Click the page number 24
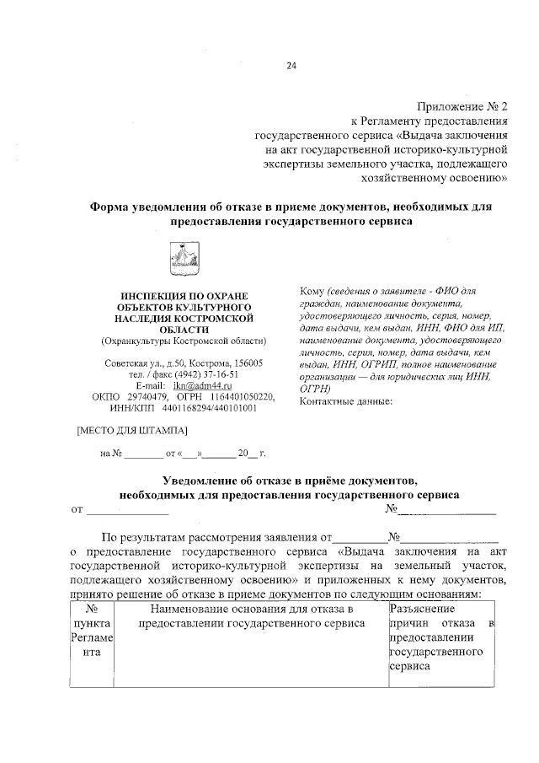[291, 66]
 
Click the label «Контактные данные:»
[346, 401]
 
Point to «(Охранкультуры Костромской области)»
[183, 341]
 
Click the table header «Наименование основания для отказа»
[249, 608]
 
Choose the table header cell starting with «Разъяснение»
[422, 608]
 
